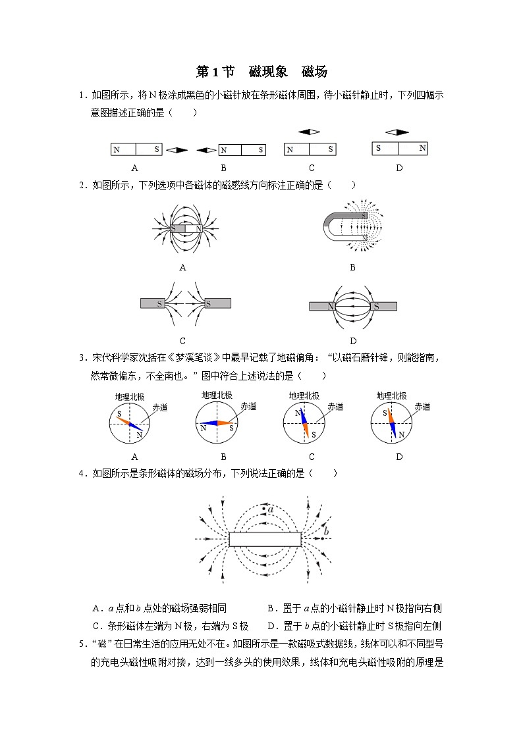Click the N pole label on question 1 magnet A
click(x=117, y=150)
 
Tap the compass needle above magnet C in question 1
click(x=309, y=132)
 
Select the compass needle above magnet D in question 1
click(x=397, y=132)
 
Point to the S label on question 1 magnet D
click(x=378, y=148)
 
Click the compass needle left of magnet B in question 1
click(x=207, y=151)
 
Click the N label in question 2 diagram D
click(x=331, y=307)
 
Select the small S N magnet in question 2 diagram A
click(x=186, y=228)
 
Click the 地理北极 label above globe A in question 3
click(x=128, y=397)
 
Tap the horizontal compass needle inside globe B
click(x=216, y=423)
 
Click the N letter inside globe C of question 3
click(x=297, y=413)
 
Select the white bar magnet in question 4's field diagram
click(x=265, y=540)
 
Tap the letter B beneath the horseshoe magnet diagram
click(x=352, y=267)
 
